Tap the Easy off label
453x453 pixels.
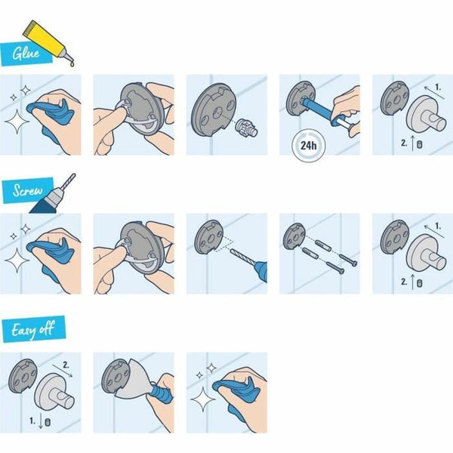[32, 330]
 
